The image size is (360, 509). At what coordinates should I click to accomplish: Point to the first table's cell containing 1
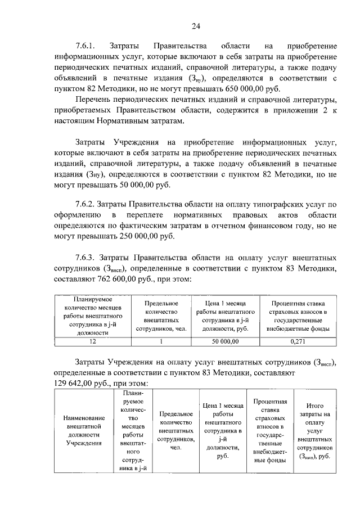[161, 341]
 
